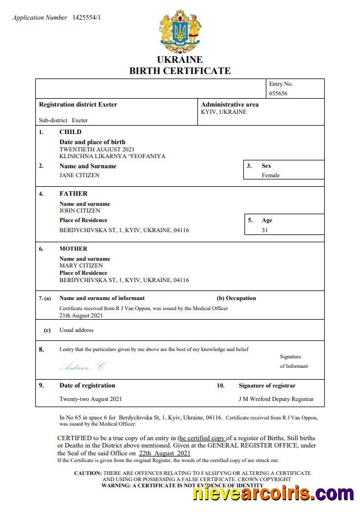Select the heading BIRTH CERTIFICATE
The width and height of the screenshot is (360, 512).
point(179,71)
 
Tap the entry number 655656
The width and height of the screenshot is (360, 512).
point(278,93)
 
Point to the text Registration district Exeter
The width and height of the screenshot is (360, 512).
point(78,104)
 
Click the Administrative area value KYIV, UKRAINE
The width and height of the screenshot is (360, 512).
point(223,112)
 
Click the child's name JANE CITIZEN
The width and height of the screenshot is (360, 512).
point(79,175)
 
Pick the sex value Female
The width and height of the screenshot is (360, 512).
point(270,175)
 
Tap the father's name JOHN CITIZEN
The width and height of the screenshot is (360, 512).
point(80,210)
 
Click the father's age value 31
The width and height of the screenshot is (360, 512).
point(265,230)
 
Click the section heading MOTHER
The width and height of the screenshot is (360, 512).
point(73,248)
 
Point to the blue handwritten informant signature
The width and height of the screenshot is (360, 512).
point(82,366)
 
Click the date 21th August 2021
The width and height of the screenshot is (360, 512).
point(81,315)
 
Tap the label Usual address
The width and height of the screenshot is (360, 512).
point(76,330)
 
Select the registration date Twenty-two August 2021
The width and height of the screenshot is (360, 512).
point(90,399)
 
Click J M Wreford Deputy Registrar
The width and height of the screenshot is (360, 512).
point(276,399)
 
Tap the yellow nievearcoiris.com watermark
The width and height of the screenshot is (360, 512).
point(273,494)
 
